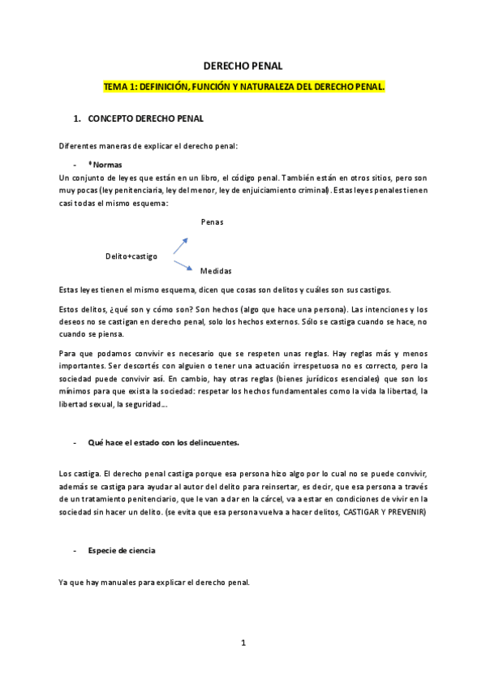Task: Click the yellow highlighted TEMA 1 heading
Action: pyautogui.click(x=243, y=85)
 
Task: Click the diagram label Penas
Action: pyautogui.click(x=212, y=221)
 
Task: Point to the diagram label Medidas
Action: pyautogui.click(x=216, y=270)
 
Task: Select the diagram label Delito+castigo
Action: pyautogui.click(x=131, y=256)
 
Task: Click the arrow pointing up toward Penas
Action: pyautogui.click(x=181, y=246)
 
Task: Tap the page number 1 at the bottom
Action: pyautogui.click(x=243, y=643)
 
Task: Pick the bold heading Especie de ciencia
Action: pyautogui.click(x=122, y=551)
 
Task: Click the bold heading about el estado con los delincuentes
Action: pyautogui.click(x=163, y=443)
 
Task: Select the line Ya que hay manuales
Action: pyautogui.click(x=154, y=582)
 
